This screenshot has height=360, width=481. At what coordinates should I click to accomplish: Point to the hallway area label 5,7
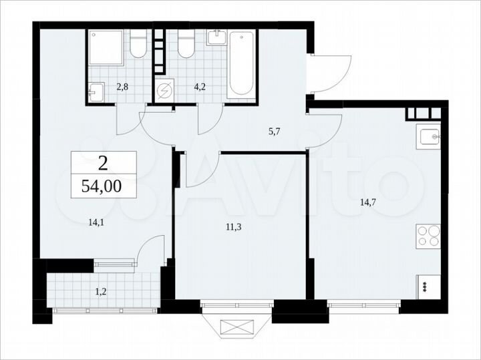coord(275,132)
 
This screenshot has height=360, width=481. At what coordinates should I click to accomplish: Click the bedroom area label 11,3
coord(233,226)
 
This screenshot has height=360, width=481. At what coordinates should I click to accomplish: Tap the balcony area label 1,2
coord(100,291)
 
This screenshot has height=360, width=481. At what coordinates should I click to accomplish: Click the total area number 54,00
coord(102,187)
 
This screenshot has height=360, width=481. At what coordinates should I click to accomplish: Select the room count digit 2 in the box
coord(103,162)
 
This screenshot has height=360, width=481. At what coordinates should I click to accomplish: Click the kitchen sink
coord(428,137)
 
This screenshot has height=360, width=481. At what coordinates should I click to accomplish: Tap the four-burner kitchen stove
coord(428,236)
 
